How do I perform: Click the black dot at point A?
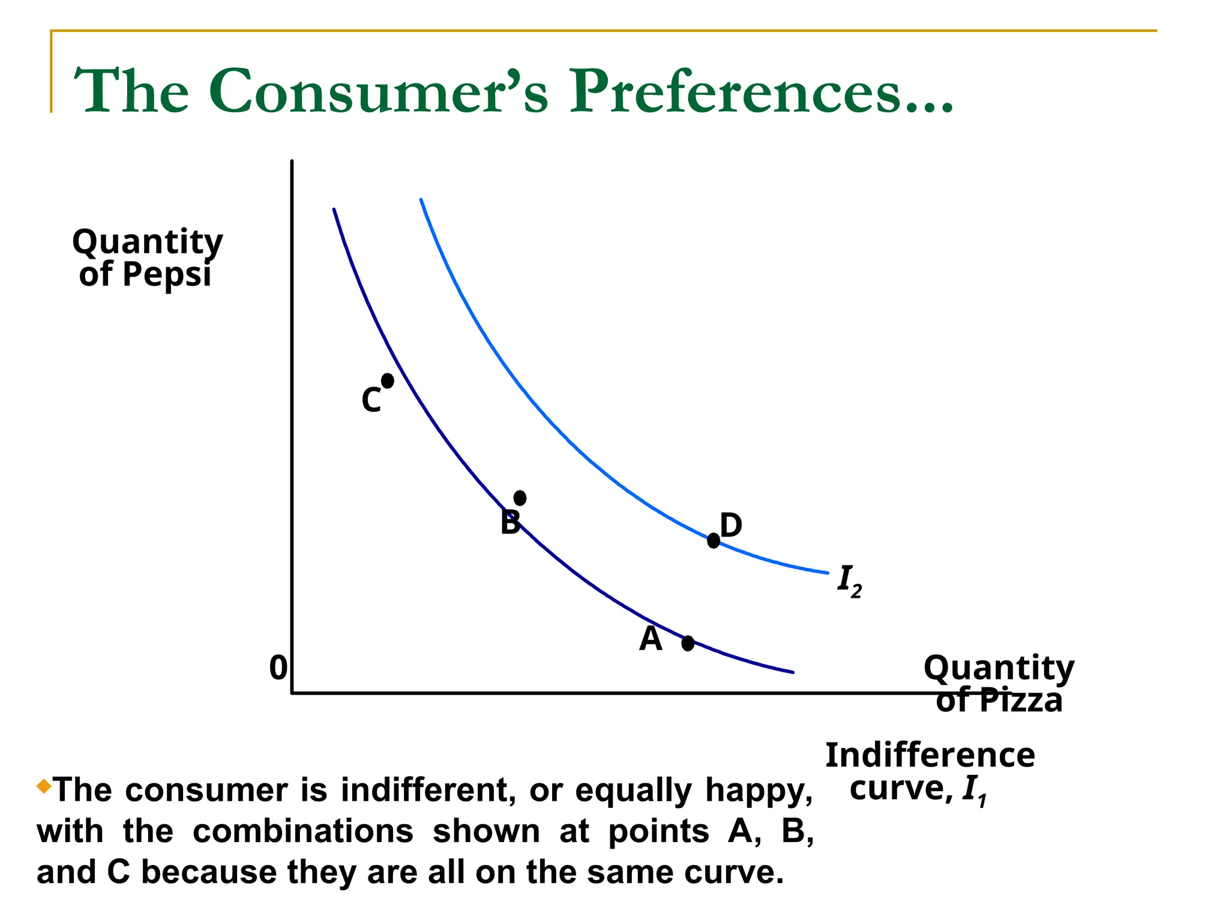(688, 643)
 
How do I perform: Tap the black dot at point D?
(713, 540)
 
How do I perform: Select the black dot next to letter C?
(388, 381)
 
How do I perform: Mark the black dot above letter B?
(520, 498)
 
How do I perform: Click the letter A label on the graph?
(651, 639)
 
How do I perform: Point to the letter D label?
(731, 526)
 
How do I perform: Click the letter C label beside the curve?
(371, 400)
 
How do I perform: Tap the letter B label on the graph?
(509, 523)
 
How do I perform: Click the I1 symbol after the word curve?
(973, 791)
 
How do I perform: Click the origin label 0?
(278, 668)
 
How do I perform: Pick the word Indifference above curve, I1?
(930, 755)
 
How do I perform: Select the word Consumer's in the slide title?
(378, 91)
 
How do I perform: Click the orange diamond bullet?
(44, 786)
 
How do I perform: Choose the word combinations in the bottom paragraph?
(303, 831)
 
